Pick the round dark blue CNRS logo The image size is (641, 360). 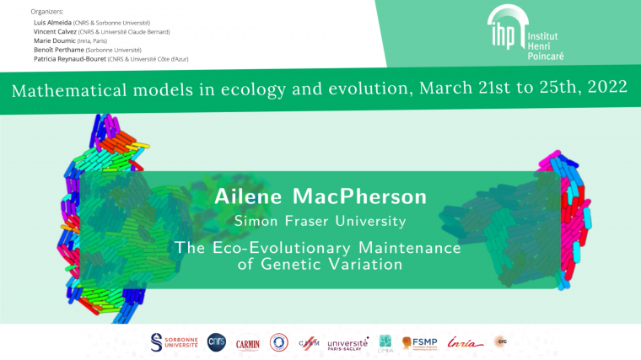[217, 341]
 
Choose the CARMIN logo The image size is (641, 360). [247, 342]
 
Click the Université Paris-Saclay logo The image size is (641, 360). [347, 343]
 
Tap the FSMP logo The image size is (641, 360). [418, 342]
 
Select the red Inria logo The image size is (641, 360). [465, 342]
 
